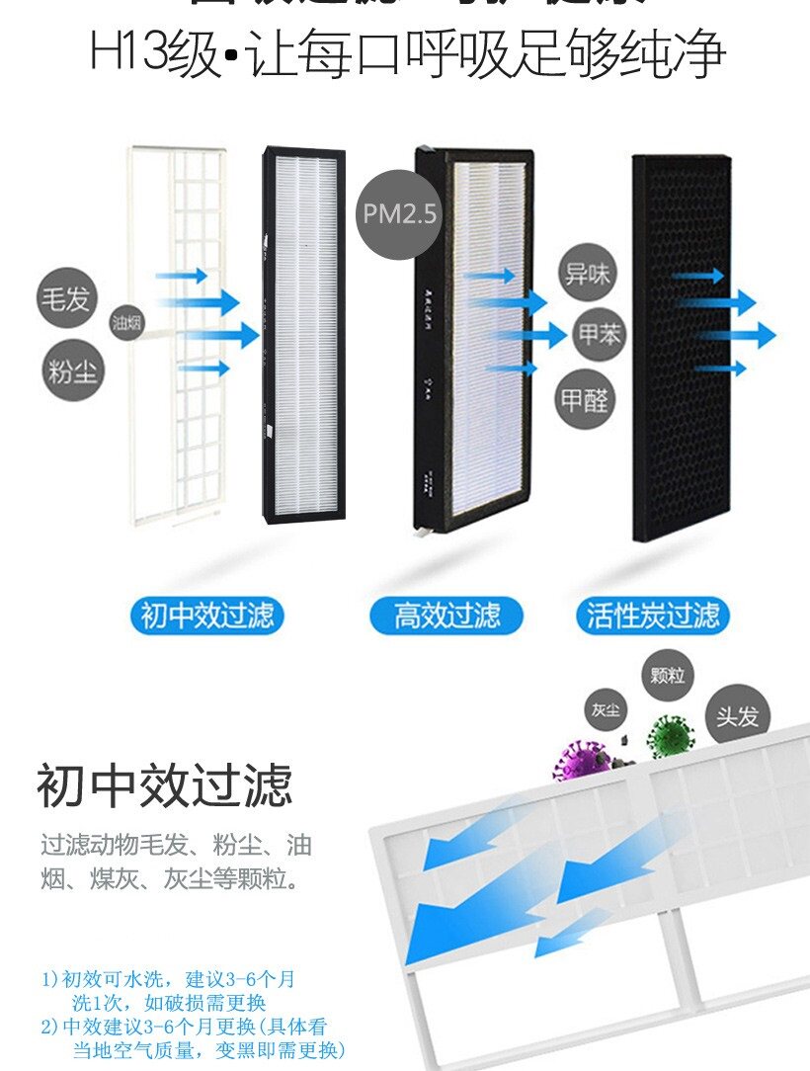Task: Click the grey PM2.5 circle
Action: tap(398, 214)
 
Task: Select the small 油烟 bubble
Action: tap(127, 322)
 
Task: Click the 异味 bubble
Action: tap(587, 274)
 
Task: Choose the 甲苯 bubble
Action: tap(600, 335)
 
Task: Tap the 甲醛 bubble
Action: tap(586, 399)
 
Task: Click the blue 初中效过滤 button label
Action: tap(206, 616)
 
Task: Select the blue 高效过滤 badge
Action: tap(447, 616)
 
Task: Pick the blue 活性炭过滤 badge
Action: tap(653, 616)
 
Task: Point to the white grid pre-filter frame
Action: tap(178, 336)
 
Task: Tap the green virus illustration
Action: tap(671, 736)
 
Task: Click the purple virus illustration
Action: tap(579, 762)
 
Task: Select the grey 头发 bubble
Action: tap(737, 716)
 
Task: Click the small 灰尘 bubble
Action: tap(606, 709)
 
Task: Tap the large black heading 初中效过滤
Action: tap(165, 786)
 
